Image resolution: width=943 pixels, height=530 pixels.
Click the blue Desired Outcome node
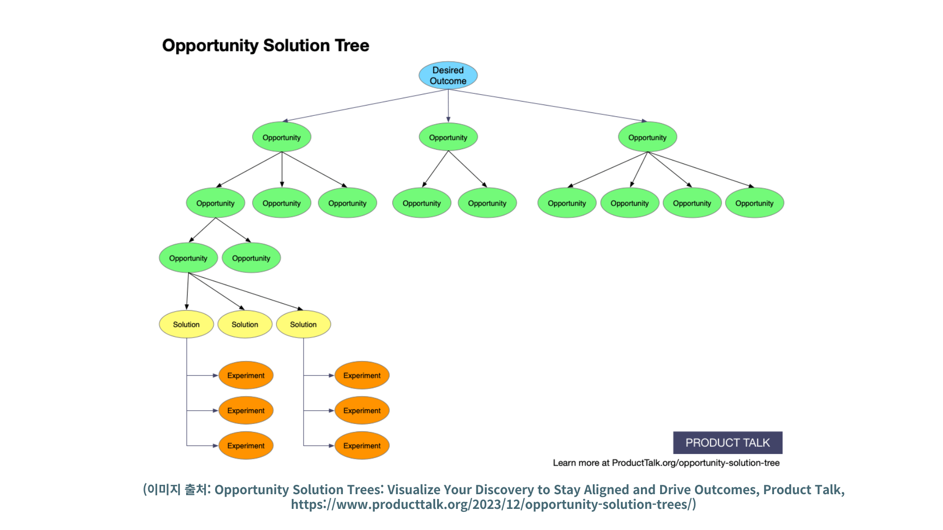(x=448, y=76)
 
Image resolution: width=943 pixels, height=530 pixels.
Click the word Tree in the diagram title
(x=352, y=46)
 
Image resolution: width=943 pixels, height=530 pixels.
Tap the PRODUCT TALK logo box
(x=727, y=443)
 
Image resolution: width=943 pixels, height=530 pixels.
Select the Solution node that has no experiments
(x=245, y=324)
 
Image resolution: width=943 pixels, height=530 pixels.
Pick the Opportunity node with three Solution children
(x=188, y=258)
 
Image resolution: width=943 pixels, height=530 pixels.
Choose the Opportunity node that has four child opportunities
(x=647, y=137)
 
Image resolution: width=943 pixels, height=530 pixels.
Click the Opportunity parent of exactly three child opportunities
(x=281, y=137)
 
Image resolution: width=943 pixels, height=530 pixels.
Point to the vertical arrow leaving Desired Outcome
(x=448, y=106)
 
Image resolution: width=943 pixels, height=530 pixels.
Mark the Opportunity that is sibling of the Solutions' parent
(x=251, y=258)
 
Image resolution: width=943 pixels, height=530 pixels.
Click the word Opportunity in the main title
(x=210, y=46)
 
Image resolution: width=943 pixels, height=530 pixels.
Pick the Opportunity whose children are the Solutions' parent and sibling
(x=215, y=203)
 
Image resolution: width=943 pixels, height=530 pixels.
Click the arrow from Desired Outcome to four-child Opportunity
(x=548, y=105)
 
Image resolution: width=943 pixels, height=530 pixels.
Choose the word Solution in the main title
(x=296, y=46)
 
